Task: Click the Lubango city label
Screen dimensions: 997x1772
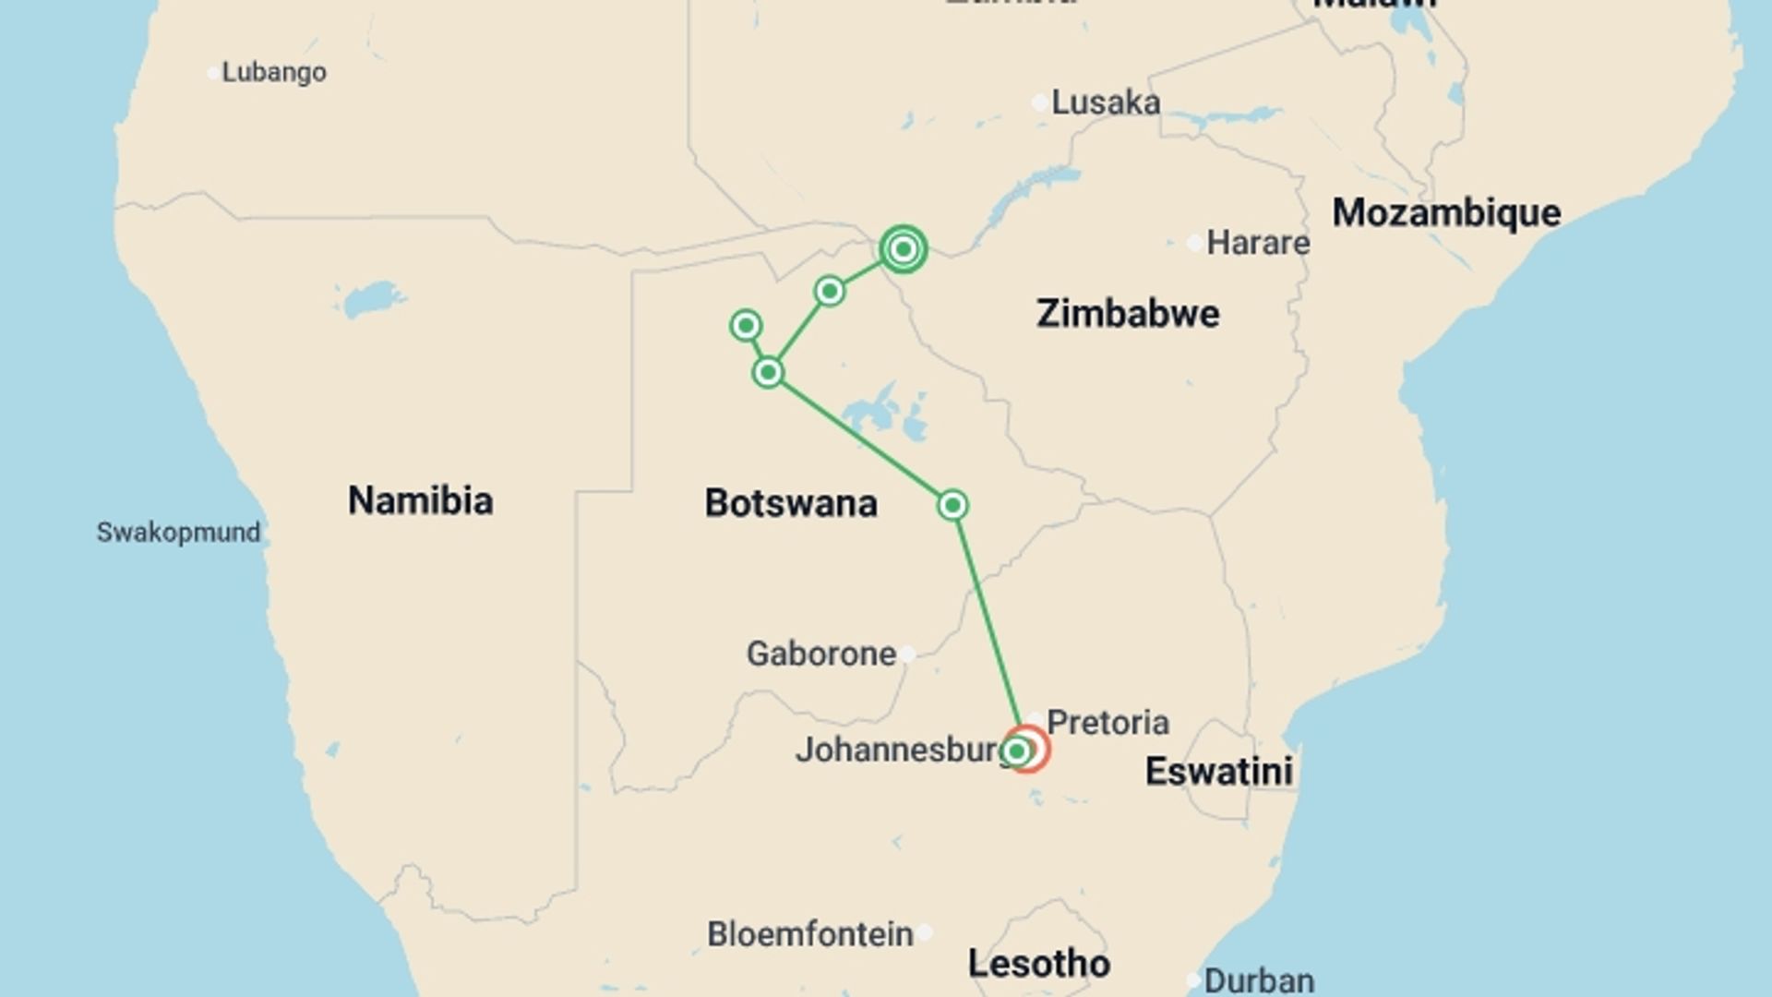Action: [273, 72]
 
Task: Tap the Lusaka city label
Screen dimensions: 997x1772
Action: [1105, 102]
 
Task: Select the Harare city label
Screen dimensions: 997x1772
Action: [1257, 243]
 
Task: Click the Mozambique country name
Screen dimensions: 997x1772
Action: [1445, 213]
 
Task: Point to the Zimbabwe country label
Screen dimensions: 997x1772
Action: [1127, 314]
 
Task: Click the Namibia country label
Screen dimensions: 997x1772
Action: [420, 500]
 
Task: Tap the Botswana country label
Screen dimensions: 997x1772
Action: [790, 503]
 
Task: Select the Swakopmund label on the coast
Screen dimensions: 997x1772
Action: [178, 533]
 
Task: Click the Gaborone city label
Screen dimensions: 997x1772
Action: [820, 654]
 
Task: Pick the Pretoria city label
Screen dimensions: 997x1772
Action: [1107, 722]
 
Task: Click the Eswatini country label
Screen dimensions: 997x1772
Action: [1218, 772]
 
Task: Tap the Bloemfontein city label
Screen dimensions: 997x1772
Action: [809, 934]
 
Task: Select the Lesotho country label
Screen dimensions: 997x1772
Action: [1038, 964]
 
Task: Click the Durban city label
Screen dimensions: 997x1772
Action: [1259, 980]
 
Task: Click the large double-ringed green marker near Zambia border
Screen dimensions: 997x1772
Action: [903, 249]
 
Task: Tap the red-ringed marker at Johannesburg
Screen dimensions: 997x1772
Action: [1027, 749]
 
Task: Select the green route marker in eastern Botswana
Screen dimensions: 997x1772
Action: [952, 505]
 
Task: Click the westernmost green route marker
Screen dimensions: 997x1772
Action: [746, 325]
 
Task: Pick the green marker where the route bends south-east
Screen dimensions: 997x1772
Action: [768, 373]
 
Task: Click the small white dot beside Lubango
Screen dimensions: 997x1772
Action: [213, 73]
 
